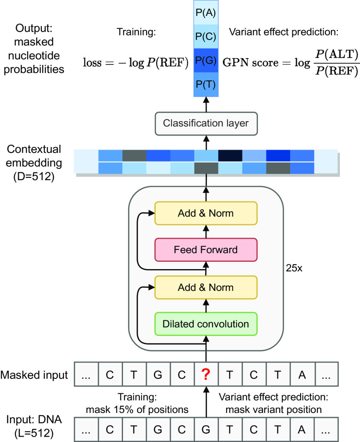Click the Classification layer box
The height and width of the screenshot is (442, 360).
point(206,123)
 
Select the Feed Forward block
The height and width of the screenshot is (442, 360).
point(206,250)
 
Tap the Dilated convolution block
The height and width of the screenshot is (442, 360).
point(206,324)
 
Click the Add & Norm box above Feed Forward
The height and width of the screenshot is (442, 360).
point(206,213)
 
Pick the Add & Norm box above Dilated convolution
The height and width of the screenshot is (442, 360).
point(206,287)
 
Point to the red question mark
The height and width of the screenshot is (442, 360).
point(206,375)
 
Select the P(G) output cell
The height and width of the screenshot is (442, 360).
point(207,60)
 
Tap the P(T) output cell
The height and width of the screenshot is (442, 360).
point(207,84)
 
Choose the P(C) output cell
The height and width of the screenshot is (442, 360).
point(207,36)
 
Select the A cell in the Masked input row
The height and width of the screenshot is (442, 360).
point(302,375)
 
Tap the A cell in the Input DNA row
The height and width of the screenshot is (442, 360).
point(302,429)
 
